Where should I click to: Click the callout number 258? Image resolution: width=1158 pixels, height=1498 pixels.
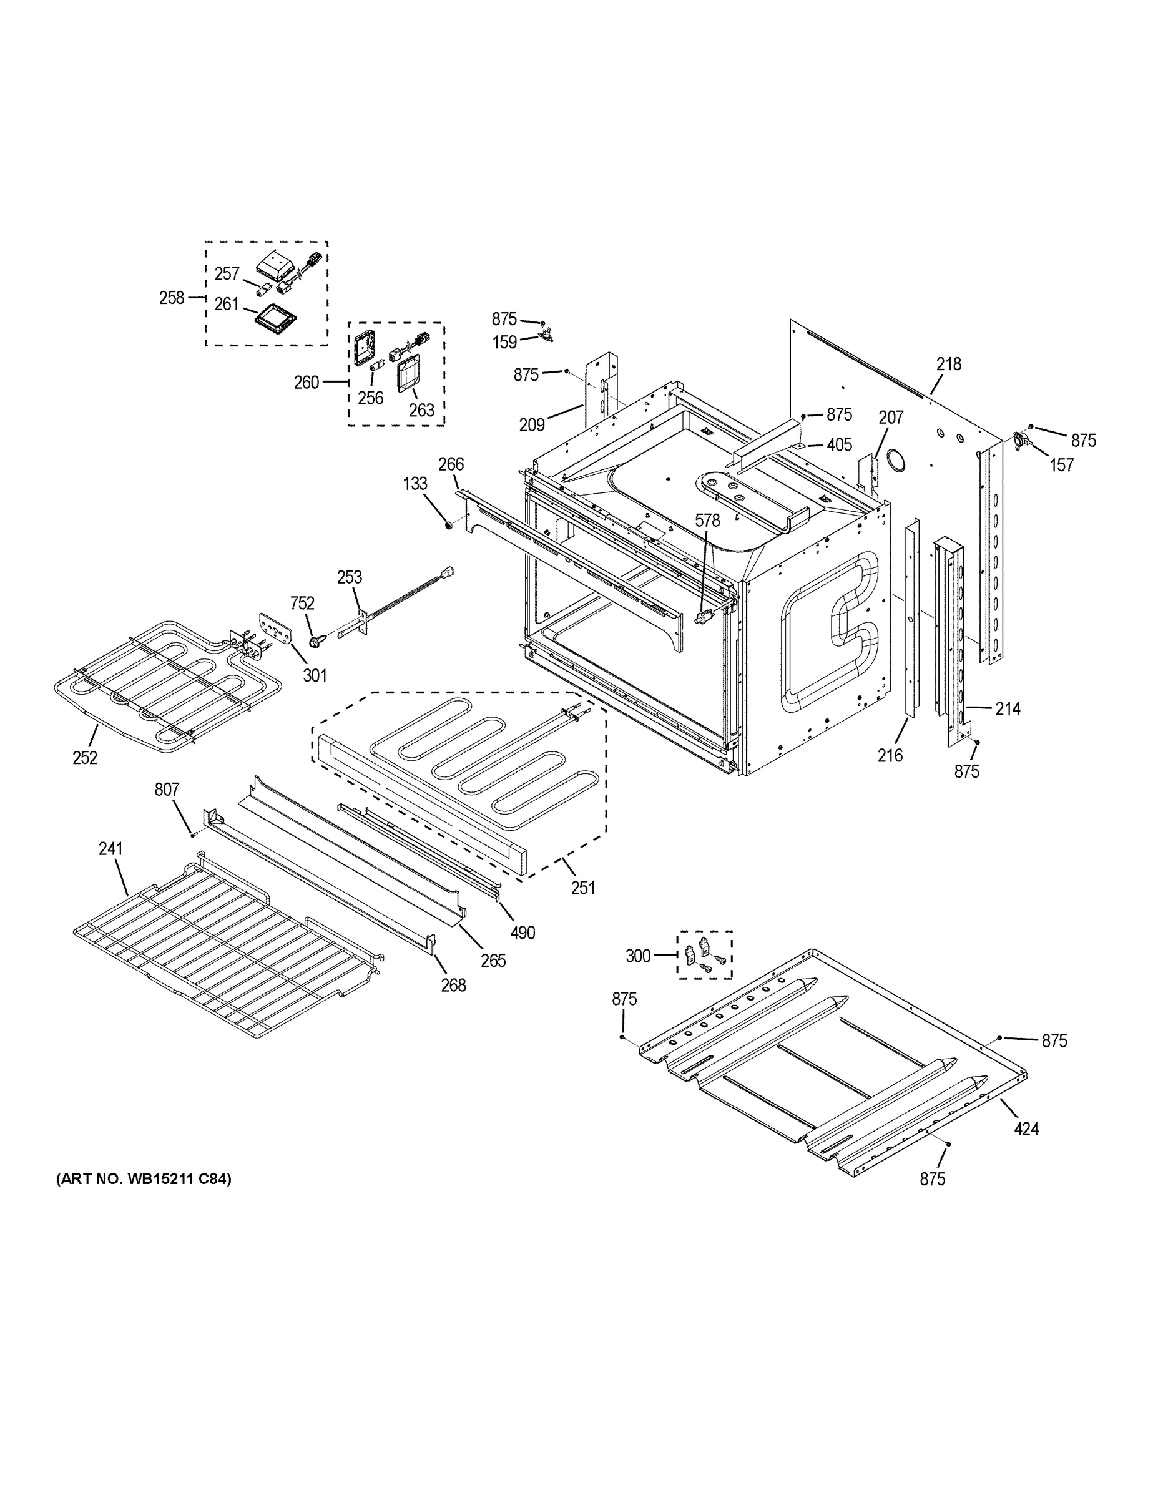point(172,298)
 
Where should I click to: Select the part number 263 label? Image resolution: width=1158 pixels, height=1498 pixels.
point(421,409)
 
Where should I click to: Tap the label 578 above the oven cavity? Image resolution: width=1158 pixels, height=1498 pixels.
point(707,521)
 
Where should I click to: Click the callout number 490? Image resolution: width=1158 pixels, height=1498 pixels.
point(522,933)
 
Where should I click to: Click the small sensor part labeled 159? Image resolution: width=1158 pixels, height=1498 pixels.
point(546,337)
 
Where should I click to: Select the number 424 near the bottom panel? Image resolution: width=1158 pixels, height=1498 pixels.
point(1026,1128)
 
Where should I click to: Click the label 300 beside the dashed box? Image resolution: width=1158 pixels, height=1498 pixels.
point(637,956)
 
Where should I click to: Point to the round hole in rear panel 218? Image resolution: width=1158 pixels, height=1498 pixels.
point(895,459)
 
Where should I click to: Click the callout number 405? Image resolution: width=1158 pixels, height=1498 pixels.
point(839,445)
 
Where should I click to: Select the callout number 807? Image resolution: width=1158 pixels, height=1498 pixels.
point(167,790)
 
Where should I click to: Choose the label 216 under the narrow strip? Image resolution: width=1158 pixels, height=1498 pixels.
point(890,755)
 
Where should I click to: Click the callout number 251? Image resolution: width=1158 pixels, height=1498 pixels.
point(582,888)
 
